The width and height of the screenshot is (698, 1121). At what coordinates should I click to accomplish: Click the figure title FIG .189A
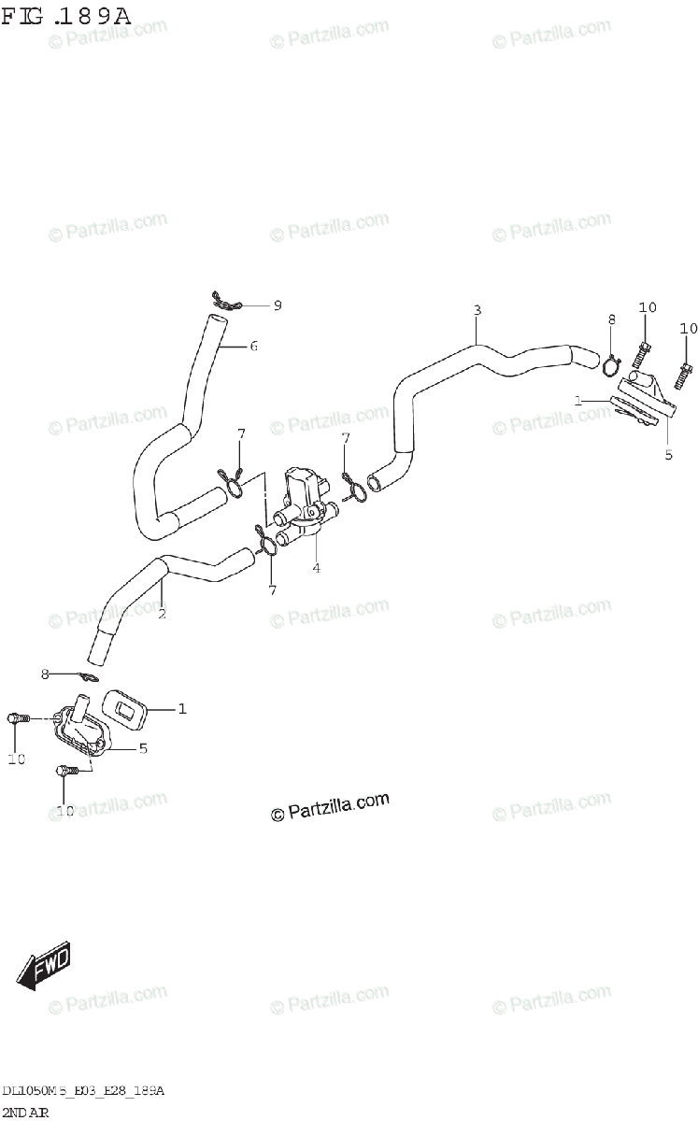(66, 16)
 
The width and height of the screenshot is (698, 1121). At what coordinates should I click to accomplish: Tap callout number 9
(277, 305)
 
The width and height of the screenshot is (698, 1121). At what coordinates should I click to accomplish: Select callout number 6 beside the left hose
(253, 347)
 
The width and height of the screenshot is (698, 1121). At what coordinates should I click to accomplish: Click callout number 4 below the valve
(316, 568)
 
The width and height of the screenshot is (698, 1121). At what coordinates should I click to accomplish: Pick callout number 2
(162, 614)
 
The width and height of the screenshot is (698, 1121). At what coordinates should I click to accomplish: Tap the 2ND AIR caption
(26, 1111)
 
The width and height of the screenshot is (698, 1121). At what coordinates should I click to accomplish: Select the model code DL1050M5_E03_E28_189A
(83, 1090)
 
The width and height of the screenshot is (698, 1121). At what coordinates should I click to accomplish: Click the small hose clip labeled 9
(224, 300)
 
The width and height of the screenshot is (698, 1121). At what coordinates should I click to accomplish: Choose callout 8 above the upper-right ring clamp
(612, 319)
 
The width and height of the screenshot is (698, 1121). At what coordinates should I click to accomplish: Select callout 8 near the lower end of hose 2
(44, 673)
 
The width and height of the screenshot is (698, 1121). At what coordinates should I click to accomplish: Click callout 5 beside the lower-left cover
(143, 748)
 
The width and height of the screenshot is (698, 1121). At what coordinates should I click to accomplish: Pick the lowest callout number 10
(64, 811)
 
